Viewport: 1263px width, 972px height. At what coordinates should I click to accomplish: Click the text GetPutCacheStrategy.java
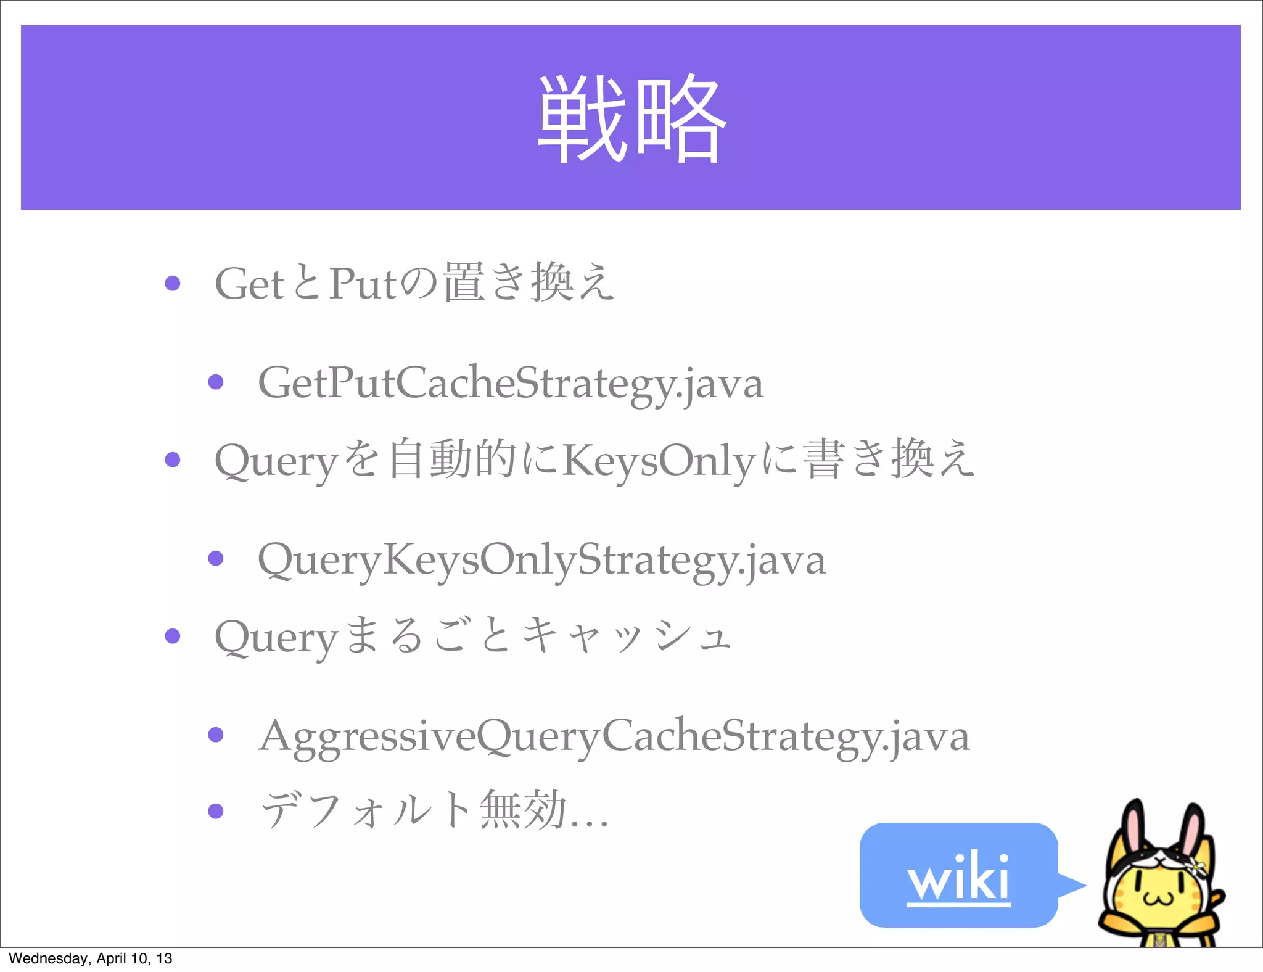pos(511,383)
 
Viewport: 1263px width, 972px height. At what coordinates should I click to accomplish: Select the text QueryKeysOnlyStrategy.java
pos(541,559)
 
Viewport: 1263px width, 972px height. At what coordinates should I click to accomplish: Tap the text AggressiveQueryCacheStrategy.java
pos(614,736)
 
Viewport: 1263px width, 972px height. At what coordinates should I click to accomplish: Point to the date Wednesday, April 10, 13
pos(91,958)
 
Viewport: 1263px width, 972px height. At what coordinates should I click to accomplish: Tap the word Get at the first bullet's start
pos(249,284)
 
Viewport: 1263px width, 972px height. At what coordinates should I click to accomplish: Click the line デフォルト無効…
pos(435,810)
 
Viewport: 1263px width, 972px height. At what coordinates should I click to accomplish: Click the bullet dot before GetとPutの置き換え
pos(173,283)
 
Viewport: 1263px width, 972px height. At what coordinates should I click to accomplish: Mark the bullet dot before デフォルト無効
pos(216,810)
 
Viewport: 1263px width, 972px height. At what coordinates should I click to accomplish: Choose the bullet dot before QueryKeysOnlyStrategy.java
pos(216,559)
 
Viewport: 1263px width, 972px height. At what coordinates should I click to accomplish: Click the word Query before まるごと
pos(276,637)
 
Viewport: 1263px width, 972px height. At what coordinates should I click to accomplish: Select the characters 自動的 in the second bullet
pos(452,459)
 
